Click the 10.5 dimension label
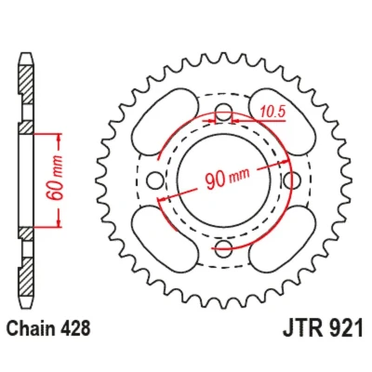point(272,112)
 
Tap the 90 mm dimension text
point(227,179)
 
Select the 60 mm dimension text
point(55,178)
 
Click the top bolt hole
point(223,113)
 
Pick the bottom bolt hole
point(223,248)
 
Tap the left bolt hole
point(155,180)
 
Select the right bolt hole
point(292,180)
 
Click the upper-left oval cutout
point(165,122)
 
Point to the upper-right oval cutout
point(282,122)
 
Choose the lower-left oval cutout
point(165,239)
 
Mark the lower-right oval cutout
point(282,239)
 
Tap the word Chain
point(29,328)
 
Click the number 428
point(73,328)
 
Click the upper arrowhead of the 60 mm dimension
point(59,139)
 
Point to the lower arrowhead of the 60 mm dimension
point(59,221)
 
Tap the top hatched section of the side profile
point(26,85)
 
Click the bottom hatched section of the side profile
point(26,276)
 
